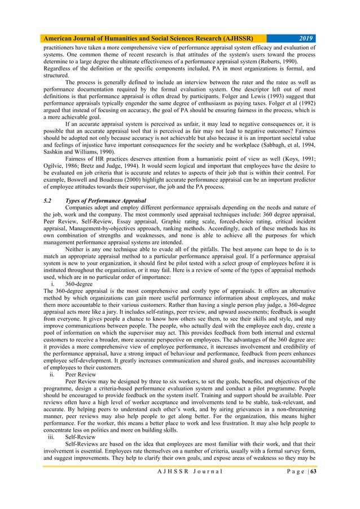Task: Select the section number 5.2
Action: point(48,201)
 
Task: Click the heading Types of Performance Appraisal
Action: point(105,201)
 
